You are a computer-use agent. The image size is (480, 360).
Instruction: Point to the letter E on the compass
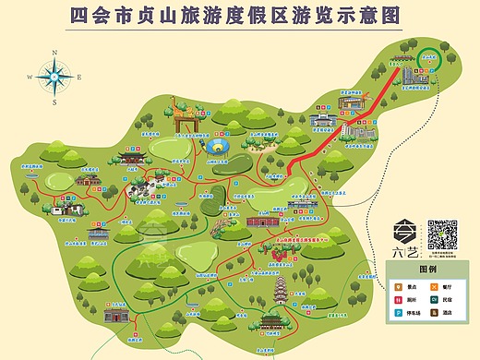click(x=78, y=77)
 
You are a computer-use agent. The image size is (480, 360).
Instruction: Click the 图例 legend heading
click(x=428, y=270)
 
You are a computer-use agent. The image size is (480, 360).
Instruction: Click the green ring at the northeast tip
click(x=430, y=58)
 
